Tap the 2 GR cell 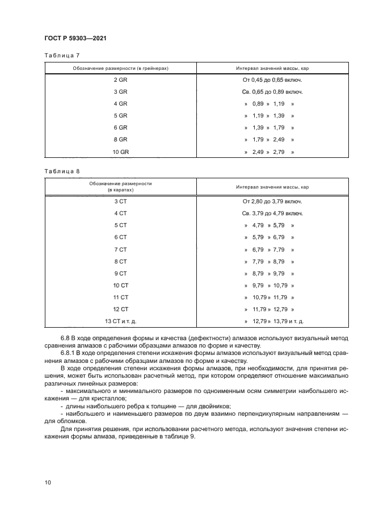[120, 80]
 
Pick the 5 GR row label [120, 116]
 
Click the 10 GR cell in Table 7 [120, 152]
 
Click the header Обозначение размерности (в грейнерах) [120, 68]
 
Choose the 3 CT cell [120, 201]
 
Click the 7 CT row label [120, 249]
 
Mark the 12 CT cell [120, 309]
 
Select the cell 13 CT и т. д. [120, 321]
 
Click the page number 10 [48, 482]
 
